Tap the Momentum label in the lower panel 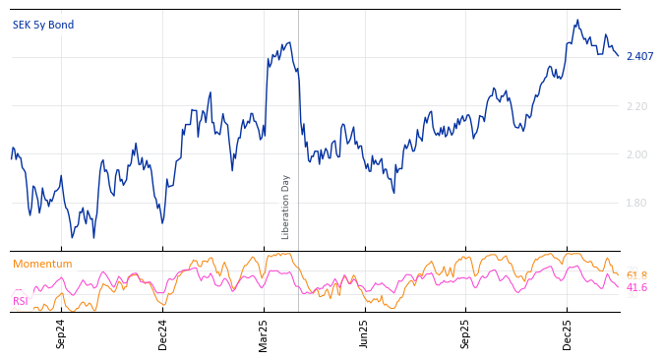coord(42,264)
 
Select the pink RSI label coord(20,301)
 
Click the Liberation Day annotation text coord(286,207)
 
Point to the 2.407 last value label coord(639,56)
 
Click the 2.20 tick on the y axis coord(637,105)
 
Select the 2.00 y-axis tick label coord(637,154)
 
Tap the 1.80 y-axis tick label coord(637,203)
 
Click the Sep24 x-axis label coord(61,333)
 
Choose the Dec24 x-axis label coord(162,333)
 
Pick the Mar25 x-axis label coord(264,333)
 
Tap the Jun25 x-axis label coord(364,333)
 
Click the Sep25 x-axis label coord(465,333)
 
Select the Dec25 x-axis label coord(567,333)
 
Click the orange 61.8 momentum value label coord(636,275)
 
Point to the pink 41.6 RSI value coord(636,287)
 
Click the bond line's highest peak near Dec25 coord(577,20)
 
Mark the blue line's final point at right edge coord(619,56)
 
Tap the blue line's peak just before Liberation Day coord(289,42)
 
